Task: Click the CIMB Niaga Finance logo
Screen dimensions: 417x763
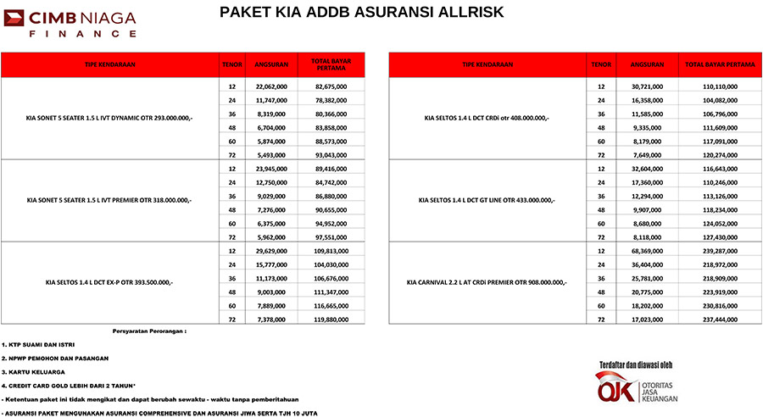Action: (x=69, y=24)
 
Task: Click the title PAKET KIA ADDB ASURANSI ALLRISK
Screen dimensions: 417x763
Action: (x=361, y=12)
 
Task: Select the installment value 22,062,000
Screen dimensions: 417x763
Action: (x=270, y=86)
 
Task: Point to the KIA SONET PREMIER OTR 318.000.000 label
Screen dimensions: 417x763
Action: (x=109, y=200)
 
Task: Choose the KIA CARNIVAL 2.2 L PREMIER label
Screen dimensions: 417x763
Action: (x=487, y=281)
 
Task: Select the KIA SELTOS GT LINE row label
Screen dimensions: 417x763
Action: (x=487, y=200)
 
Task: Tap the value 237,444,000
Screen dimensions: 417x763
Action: (x=720, y=320)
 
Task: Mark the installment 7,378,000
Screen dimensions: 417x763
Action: (x=270, y=320)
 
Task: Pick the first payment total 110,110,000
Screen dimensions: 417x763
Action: (x=720, y=86)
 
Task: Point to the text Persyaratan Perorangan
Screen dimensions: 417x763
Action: (x=148, y=331)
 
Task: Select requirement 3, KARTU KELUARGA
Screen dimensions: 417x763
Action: (x=31, y=371)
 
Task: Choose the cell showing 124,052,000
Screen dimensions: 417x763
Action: (x=720, y=223)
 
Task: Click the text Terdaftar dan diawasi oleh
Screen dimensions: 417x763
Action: (x=635, y=365)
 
